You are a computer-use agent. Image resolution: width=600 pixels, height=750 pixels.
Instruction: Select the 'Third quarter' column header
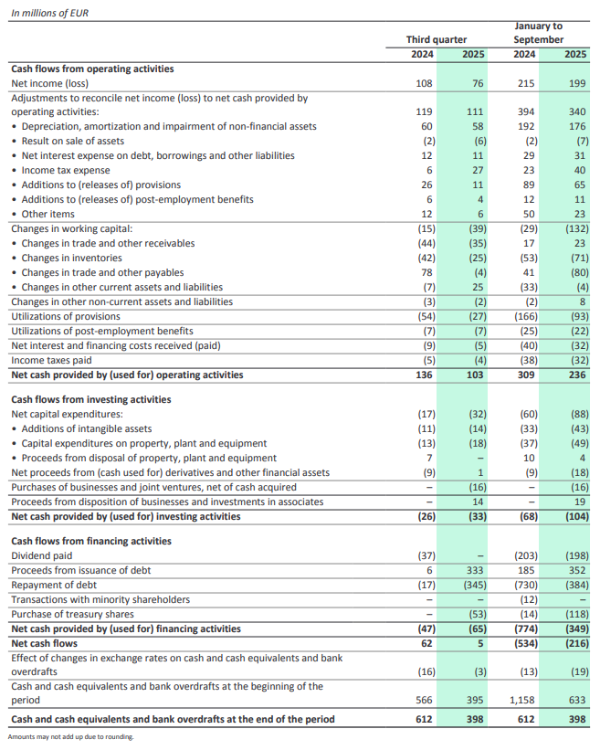[437, 39]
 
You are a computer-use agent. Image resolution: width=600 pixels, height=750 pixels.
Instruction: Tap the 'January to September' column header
[538, 33]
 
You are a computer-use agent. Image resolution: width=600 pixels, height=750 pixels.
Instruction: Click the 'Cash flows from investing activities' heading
[90, 399]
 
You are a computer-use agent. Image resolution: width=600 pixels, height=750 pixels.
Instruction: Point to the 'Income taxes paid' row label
[51, 360]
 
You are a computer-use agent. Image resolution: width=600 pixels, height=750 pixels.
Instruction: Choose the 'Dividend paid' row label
[42, 555]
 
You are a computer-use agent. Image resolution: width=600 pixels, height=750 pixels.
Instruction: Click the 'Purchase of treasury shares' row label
[72, 614]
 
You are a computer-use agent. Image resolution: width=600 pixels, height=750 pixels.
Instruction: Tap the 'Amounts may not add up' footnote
[70, 737]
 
